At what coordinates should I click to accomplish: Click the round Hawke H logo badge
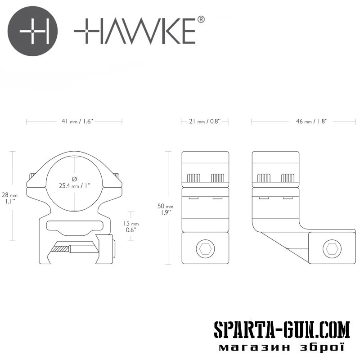click(x=32, y=31)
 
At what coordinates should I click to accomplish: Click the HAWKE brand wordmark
click(x=135, y=31)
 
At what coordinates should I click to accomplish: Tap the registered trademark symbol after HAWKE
click(x=201, y=20)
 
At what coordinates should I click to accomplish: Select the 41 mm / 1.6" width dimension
click(x=77, y=121)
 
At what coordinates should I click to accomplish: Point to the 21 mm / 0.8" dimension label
click(x=205, y=121)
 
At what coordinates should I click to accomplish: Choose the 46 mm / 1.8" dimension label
click(x=311, y=121)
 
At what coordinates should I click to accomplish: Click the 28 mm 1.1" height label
click(x=9, y=198)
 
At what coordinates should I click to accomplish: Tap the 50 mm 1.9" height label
click(x=165, y=209)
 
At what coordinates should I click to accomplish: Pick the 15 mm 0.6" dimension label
click(x=131, y=226)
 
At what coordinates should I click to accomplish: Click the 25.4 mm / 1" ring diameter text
click(x=75, y=185)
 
